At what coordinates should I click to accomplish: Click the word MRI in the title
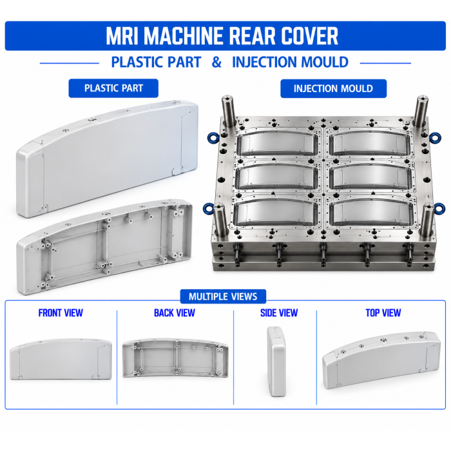tap(122, 36)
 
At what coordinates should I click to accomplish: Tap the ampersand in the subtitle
tap(216, 62)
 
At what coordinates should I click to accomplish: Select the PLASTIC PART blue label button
tap(113, 88)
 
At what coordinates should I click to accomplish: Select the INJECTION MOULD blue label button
tap(333, 88)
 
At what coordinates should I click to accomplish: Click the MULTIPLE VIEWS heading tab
tap(223, 296)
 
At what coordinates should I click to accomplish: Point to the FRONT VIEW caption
tap(61, 313)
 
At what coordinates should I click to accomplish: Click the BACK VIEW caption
tap(175, 313)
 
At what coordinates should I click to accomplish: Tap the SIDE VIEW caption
tap(279, 313)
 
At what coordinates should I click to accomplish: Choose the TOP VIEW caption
tap(383, 313)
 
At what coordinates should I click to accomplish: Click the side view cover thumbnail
tap(276, 361)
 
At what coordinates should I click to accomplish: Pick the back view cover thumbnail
tap(175, 358)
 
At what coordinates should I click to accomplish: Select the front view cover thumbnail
tap(61, 359)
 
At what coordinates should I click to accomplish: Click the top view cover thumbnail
tap(381, 360)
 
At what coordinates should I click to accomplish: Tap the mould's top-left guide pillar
tap(228, 111)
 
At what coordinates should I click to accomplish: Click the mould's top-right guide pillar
tap(421, 111)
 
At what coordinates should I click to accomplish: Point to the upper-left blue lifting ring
tap(213, 137)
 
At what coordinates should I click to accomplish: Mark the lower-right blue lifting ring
tap(439, 208)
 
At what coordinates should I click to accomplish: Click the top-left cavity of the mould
tap(277, 143)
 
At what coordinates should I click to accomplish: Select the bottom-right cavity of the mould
tap(371, 213)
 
